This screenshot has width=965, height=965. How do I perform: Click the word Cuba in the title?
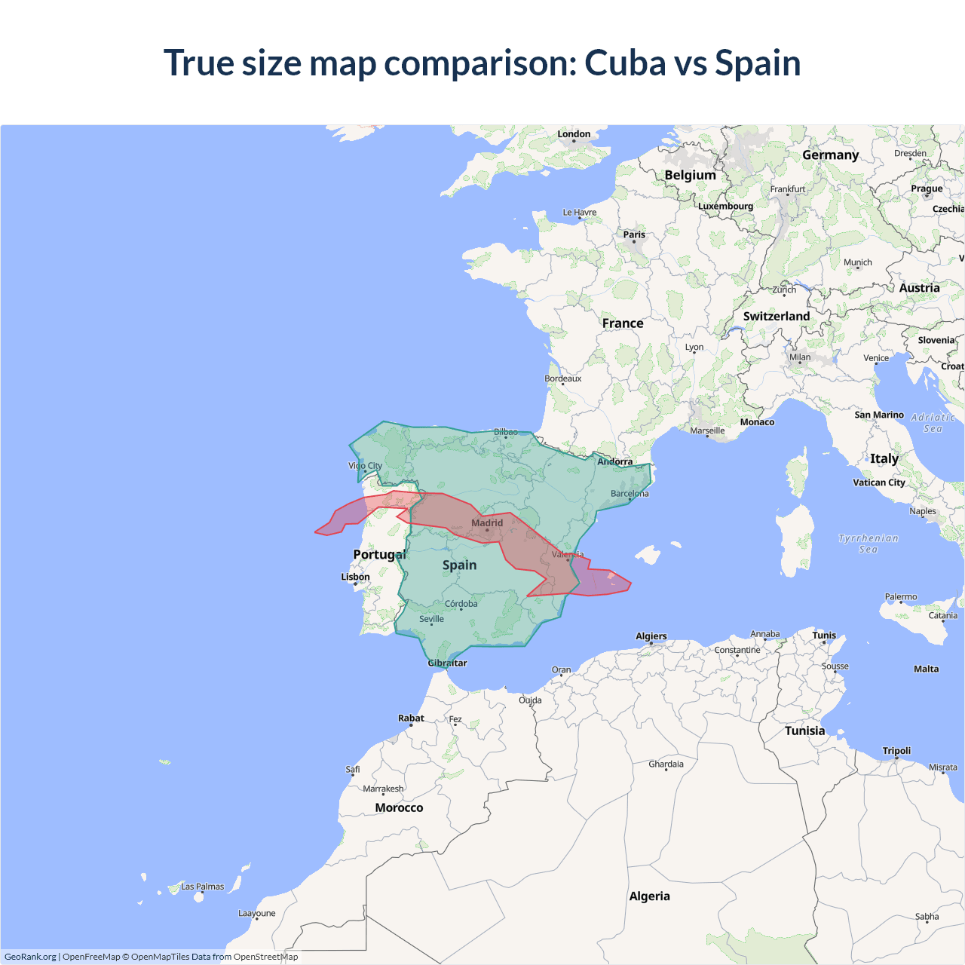pyautogui.click(x=625, y=63)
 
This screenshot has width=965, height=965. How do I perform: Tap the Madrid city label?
pyautogui.click(x=487, y=522)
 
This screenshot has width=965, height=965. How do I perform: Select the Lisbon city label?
pyautogui.click(x=355, y=577)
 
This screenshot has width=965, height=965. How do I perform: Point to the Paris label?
pyautogui.click(x=634, y=234)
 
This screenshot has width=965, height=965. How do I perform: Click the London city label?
pyautogui.click(x=574, y=134)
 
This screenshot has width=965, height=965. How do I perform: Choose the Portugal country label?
pyautogui.click(x=379, y=555)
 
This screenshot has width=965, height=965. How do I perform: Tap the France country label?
pyautogui.click(x=623, y=323)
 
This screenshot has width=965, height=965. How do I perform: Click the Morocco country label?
pyautogui.click(x=399, y=807)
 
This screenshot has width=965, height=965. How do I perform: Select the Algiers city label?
pyautogui.click(x=651, y=636)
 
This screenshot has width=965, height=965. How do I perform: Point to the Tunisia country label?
pyautogui.click(x=804, y=731)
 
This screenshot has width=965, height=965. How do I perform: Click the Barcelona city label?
pyautogui.click(x=630, y=494)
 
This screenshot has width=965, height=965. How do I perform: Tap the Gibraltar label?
pyautogui.click(x=447, y=663)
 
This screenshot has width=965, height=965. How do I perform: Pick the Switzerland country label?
pyautogui.click(x=777, y=317)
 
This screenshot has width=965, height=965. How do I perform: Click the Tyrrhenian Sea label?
pyautogui.click(x=868, y=544)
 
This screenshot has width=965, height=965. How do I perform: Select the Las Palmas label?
pyautogui.click(x=202, y=887)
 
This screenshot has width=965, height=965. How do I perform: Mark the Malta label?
pyautogui.click(x=927, y=669)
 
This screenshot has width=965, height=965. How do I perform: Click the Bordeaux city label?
pyautogui.click(x=563, y=378)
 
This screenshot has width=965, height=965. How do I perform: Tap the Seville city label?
pyautogui.click(x=431, y=619)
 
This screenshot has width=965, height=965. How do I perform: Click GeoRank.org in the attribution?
pyautogui.click(x=30, y=957)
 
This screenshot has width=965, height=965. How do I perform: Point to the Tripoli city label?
pyautogui.click(x=896, y=751)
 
